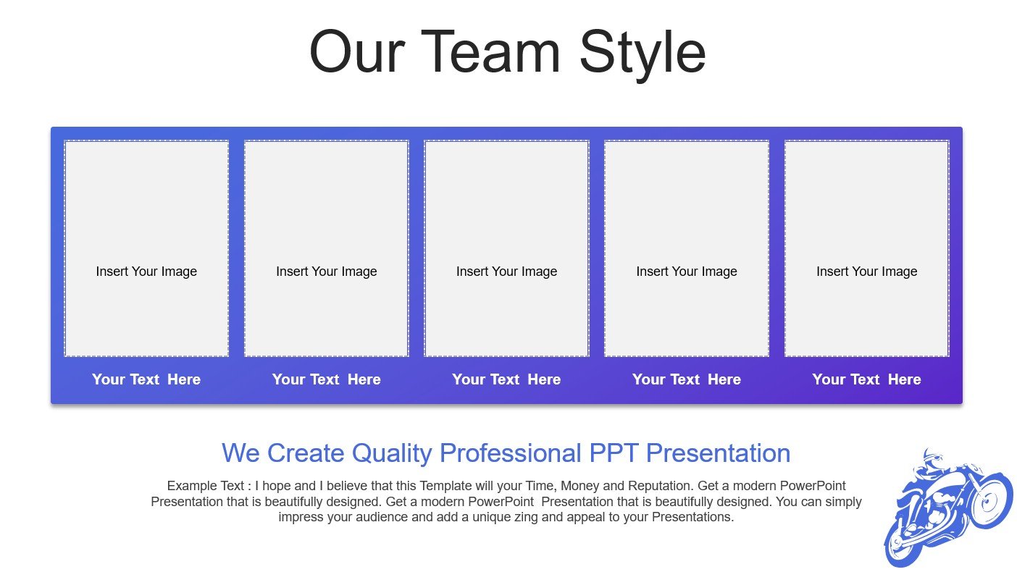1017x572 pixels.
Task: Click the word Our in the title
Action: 357,51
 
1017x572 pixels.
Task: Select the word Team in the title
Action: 491,51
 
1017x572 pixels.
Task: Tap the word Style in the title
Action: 643,55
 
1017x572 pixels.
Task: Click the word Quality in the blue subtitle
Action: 392,453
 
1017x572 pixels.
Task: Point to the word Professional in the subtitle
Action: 511,453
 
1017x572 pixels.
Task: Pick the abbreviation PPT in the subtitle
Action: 614,453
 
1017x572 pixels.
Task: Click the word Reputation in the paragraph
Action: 661,487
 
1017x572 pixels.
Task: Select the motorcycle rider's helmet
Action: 932,455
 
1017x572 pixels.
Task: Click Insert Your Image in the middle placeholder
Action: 506,272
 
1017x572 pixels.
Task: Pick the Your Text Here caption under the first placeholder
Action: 146,379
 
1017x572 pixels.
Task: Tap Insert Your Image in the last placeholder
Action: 867,272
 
